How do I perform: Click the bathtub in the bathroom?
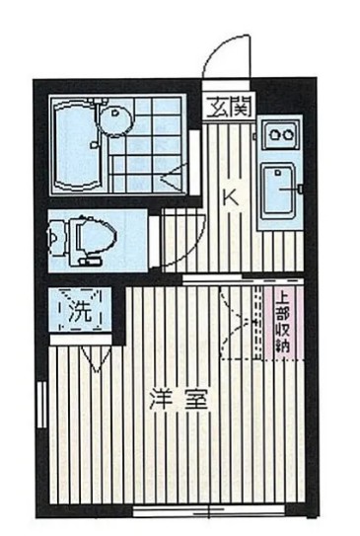[x=75, y=146]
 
